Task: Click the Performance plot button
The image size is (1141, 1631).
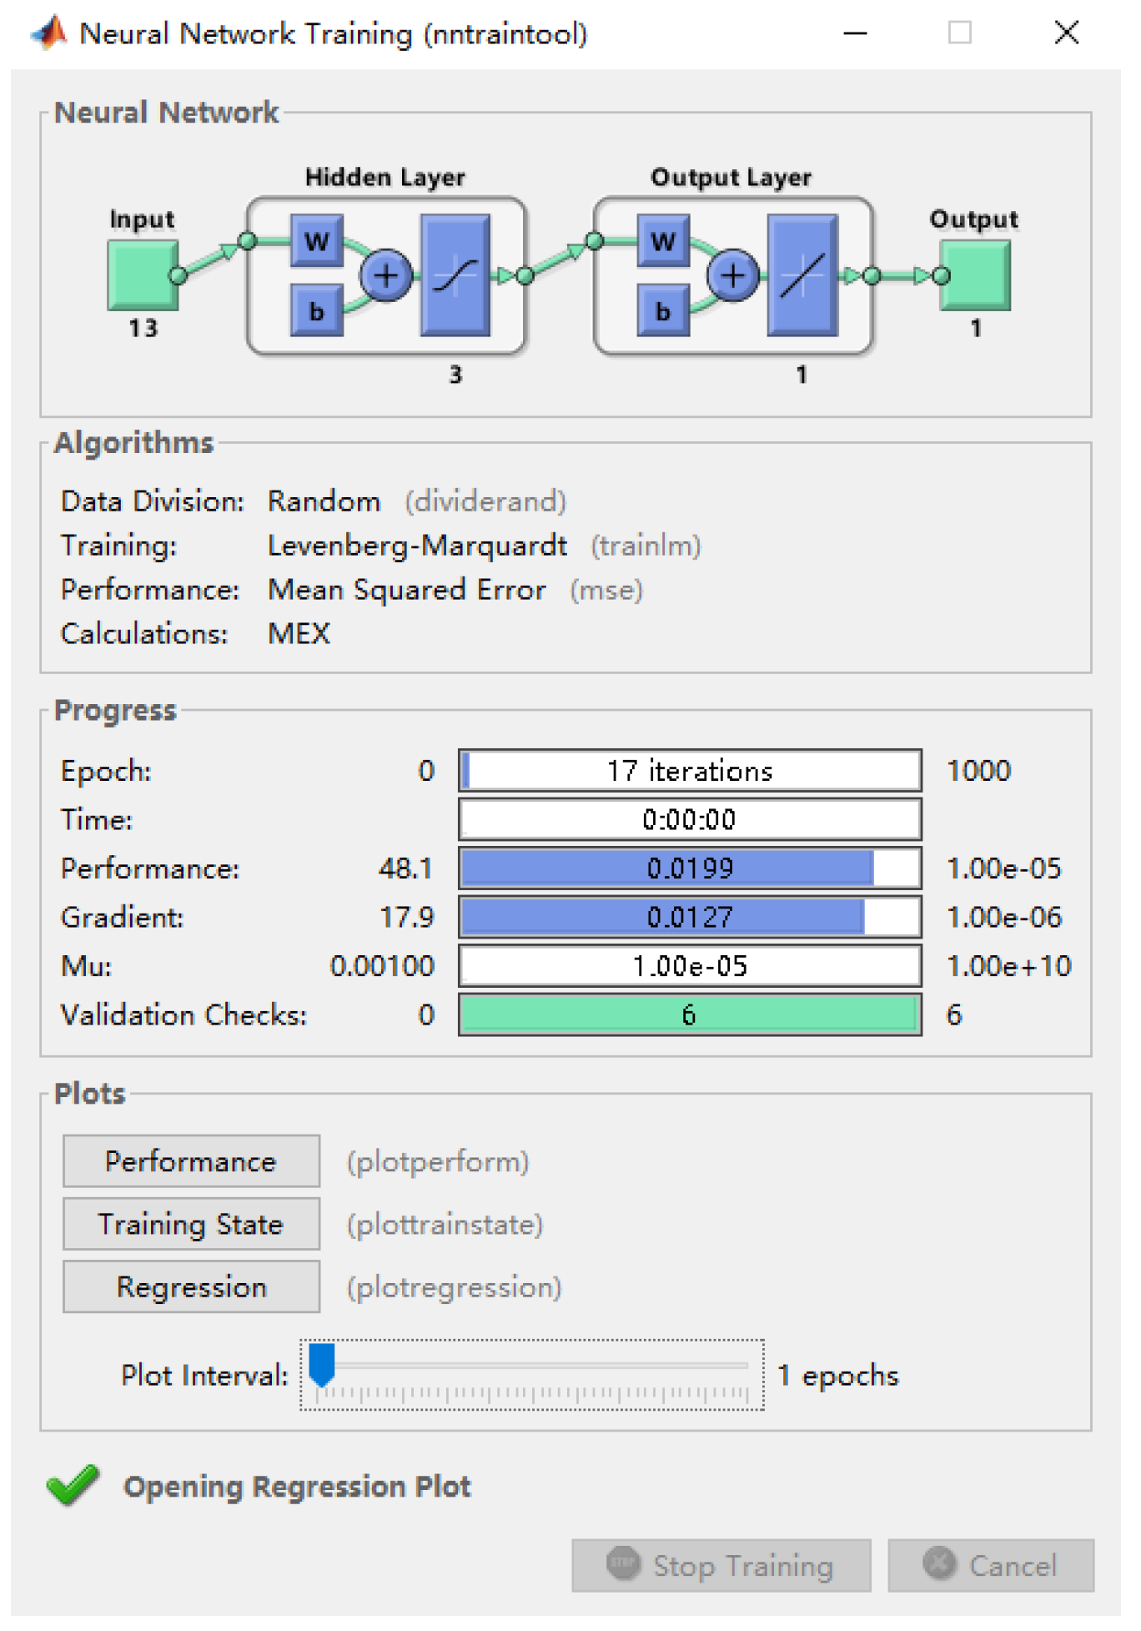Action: point(191,1160)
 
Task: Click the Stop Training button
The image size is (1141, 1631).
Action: point(721,1565)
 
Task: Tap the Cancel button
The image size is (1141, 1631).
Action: point(990,1565)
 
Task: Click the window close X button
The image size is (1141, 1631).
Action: point(1066,33)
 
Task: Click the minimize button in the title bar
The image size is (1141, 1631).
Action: point(855,33)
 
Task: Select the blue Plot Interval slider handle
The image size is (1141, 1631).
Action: point(321,1363)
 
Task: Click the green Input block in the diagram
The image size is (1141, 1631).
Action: point(142,275)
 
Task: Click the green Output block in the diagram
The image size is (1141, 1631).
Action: point(975,275)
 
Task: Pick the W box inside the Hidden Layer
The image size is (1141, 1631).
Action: point(316,241)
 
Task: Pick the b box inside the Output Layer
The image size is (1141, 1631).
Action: point(663,311)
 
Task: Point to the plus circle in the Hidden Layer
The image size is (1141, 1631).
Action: point(386,275)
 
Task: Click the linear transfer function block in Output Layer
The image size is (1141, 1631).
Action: point(802,275)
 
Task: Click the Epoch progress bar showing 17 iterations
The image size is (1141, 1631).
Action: point(690,770)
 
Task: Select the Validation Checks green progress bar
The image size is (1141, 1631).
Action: point(690,1014)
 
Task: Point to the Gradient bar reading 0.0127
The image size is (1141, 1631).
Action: point(690,917)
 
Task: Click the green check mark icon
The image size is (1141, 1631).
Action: point(73,1485)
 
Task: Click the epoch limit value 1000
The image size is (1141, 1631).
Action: point(978,770)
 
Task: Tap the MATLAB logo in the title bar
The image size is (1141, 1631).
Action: point(50,33)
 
